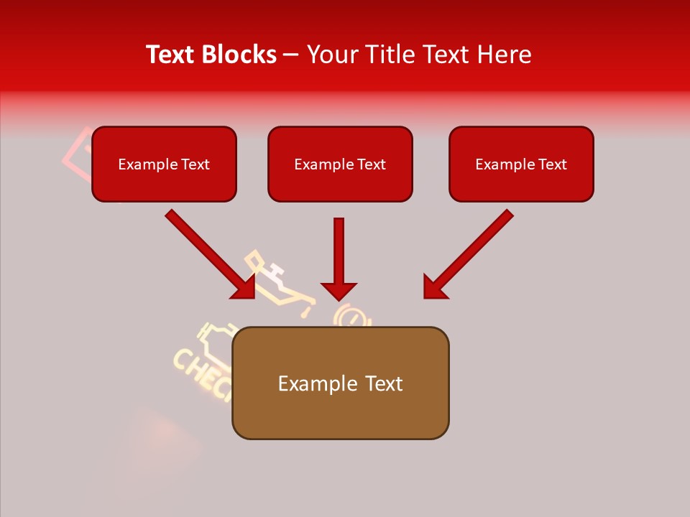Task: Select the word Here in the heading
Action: (503, 55)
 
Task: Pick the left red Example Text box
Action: (164, 164)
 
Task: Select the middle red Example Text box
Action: (340, 164)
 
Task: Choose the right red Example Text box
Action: (521, 164)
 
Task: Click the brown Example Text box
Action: (340, 383)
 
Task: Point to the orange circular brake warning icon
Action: (350, 317)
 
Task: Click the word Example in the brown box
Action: (308, 384)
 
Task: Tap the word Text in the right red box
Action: (552, 164)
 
